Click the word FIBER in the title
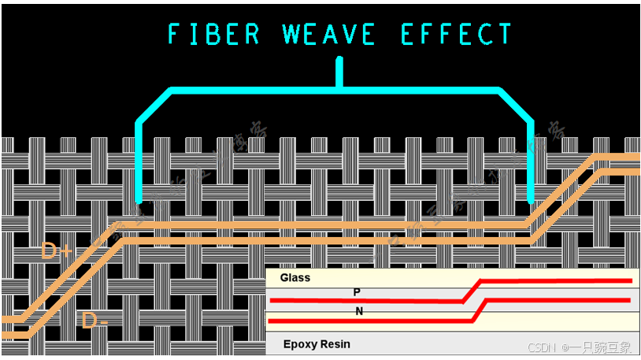(x=214, y=35)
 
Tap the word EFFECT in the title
(x=457, y=35)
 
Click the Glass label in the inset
(x=295, y=277)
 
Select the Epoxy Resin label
(x=316, y=344)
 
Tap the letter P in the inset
(x=357, y=292)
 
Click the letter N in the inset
(x=359, y=311)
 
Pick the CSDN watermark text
(x=542, y=347)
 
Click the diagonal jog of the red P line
(x=471, y=290)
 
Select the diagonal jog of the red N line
(x=480, y=310)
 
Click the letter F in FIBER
(x=175, y=35)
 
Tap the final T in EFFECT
(x=504, y=35)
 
